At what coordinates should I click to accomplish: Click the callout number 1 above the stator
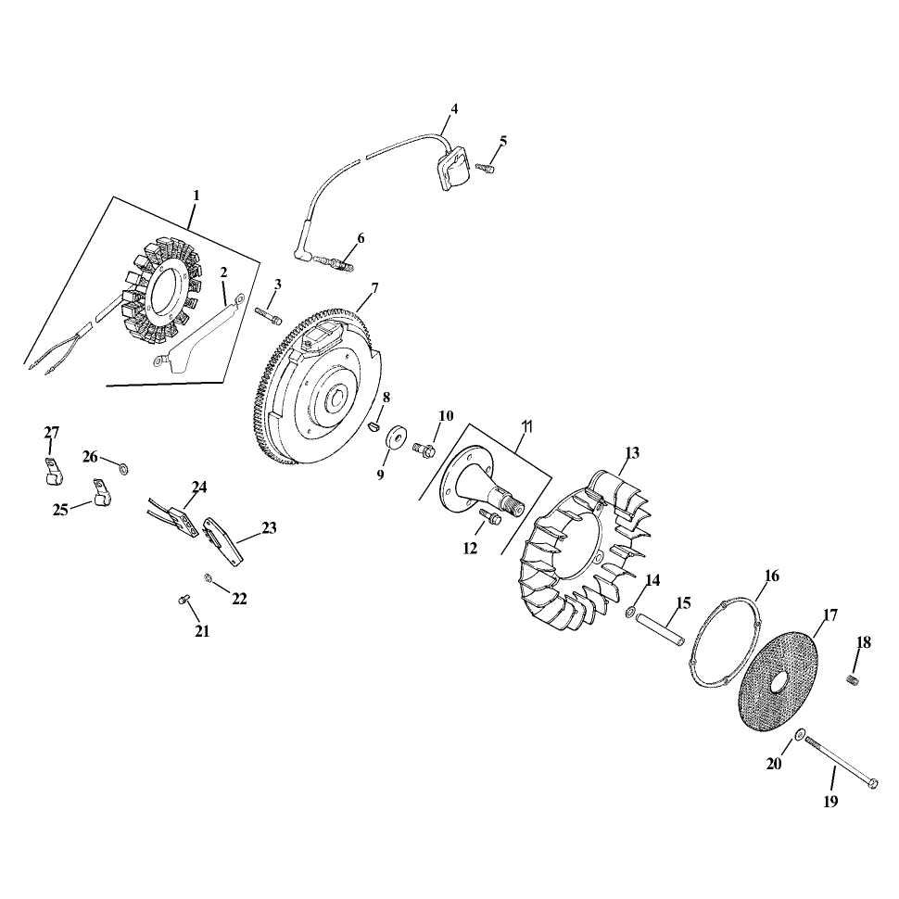pyautogui.click(x=196, y=196)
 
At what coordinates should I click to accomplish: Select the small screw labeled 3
pyautogui.click(x=268, y=315)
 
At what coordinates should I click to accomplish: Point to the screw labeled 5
pyautogui.click(x=485, y=168)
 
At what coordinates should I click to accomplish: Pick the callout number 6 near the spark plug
pyautogui.click(x=361, y=238)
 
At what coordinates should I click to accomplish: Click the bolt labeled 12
pyautogui.click(x=489, y=516)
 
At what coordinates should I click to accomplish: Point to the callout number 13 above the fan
pyautogui.click(x=632, y=453)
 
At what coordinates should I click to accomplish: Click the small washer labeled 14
pyautogui.click(x=630, y=613)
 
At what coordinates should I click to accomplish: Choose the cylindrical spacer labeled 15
pyautogui.click(x=661, y=630)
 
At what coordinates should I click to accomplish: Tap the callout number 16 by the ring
pyautogui.click(x=772, y=576)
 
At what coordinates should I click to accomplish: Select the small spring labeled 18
pyautogui.click(x=853, y=679)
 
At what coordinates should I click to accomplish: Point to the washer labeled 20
pyautogui.click(x=799, y=734)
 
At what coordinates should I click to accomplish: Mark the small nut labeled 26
pyautogui.click(x=123, y=470)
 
